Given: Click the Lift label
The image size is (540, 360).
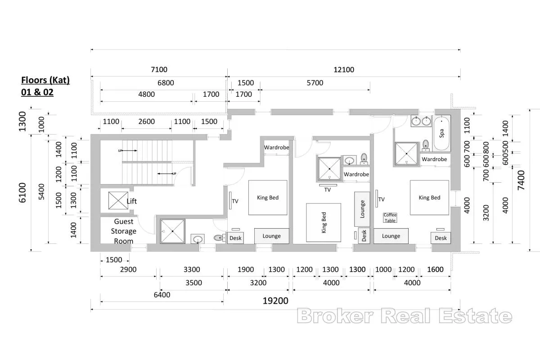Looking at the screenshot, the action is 131,201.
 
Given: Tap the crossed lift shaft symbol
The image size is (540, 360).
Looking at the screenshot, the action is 118,200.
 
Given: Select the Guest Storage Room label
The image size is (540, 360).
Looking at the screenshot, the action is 124,231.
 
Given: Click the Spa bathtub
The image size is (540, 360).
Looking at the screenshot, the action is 441,133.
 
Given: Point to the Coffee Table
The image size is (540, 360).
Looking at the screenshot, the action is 390,218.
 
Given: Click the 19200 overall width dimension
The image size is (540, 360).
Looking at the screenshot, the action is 275,301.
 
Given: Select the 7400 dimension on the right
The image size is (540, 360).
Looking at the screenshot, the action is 521,180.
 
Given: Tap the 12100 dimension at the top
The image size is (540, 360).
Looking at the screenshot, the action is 344,70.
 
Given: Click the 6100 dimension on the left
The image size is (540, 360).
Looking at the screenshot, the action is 22,193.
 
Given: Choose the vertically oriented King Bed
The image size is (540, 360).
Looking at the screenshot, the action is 324,223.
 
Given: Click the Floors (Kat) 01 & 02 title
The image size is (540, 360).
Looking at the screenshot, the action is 45,86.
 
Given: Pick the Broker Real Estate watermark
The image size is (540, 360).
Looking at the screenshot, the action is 405,316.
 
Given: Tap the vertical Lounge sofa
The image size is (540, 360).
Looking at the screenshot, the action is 362,209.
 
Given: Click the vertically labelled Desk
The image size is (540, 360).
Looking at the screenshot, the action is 364,236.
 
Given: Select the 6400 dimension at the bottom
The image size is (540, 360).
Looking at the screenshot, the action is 162,295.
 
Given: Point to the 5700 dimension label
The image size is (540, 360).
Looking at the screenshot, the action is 315,83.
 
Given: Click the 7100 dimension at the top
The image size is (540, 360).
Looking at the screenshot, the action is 159,70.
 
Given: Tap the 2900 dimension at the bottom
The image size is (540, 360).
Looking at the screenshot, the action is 128,270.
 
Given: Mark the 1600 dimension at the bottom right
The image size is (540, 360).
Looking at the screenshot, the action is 435,270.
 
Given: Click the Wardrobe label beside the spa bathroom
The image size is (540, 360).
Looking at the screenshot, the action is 434,159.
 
